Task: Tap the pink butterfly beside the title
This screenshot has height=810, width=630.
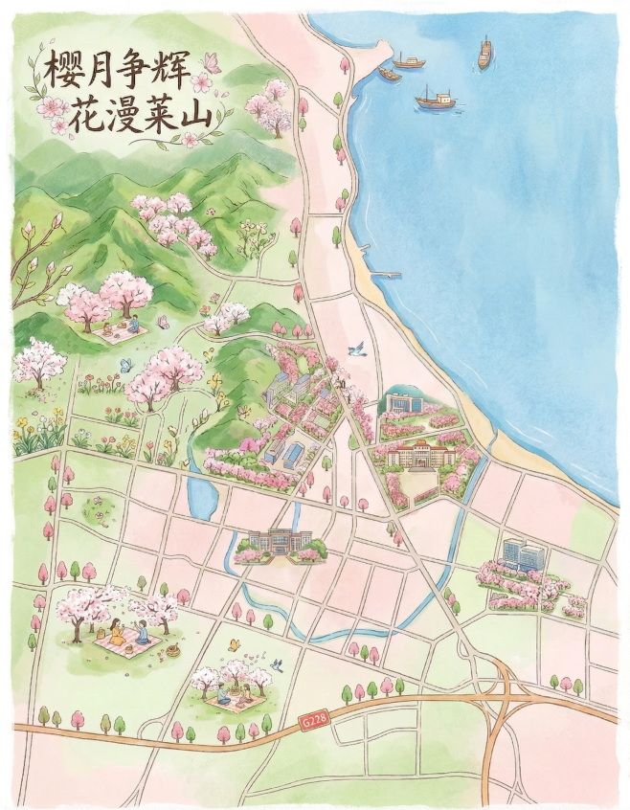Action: (x=213, y=63)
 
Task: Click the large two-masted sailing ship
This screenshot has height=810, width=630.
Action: (x=436, y=97)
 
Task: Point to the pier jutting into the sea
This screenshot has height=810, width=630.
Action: (x=385, y=275)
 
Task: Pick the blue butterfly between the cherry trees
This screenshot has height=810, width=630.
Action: (x=125, y=365)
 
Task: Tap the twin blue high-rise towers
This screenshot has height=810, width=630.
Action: (x=523, y=554)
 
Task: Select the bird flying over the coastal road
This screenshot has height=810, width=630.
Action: (x=358, y=350)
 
